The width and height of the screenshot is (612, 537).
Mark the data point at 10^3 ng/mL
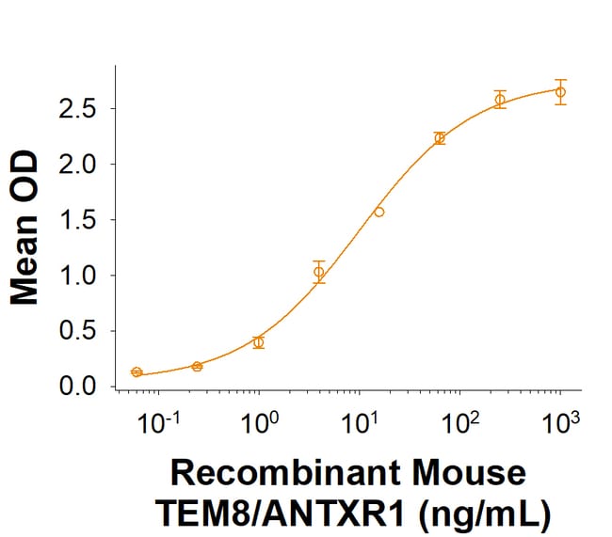pyautogui.click(x=560, y=92)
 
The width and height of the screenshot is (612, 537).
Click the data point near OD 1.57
pyautogui.click(x=379, y=212)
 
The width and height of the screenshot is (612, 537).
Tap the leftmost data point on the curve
pyautogui.click(x=137, y=372)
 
